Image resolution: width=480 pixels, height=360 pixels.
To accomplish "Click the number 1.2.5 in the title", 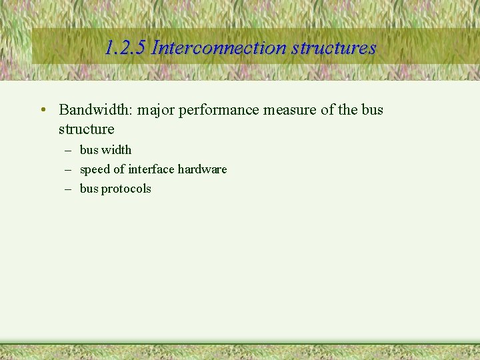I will point(126,48).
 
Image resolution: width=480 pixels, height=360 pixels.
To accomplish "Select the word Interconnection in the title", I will point(219,48).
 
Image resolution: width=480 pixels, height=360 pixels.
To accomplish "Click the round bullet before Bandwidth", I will point(42,110).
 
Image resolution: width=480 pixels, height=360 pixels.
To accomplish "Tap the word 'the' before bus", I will point(347,109).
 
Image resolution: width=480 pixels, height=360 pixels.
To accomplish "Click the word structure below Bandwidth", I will point(87,129).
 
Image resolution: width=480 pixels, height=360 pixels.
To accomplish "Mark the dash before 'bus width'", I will point(68,150).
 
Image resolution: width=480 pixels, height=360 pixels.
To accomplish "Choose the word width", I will point(117,150).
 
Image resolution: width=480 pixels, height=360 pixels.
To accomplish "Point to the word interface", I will point(151,169).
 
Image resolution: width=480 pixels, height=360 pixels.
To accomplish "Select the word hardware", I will point(202,169).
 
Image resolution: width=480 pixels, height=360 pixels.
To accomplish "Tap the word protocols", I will point(126,189).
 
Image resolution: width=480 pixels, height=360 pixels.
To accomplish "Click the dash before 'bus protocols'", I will point(68,189).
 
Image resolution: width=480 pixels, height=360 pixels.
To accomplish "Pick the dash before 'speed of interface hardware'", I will point(68,169).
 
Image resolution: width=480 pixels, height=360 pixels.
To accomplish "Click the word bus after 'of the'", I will point(373,109).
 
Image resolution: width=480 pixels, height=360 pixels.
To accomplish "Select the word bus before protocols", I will point(89,189).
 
